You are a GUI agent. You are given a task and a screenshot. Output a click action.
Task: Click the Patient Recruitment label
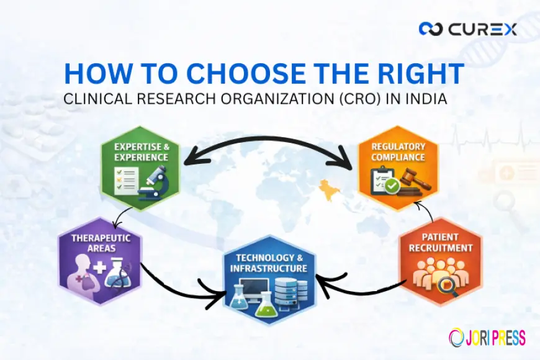coord(440,243)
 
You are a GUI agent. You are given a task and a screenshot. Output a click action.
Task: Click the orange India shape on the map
coord(324,187)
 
